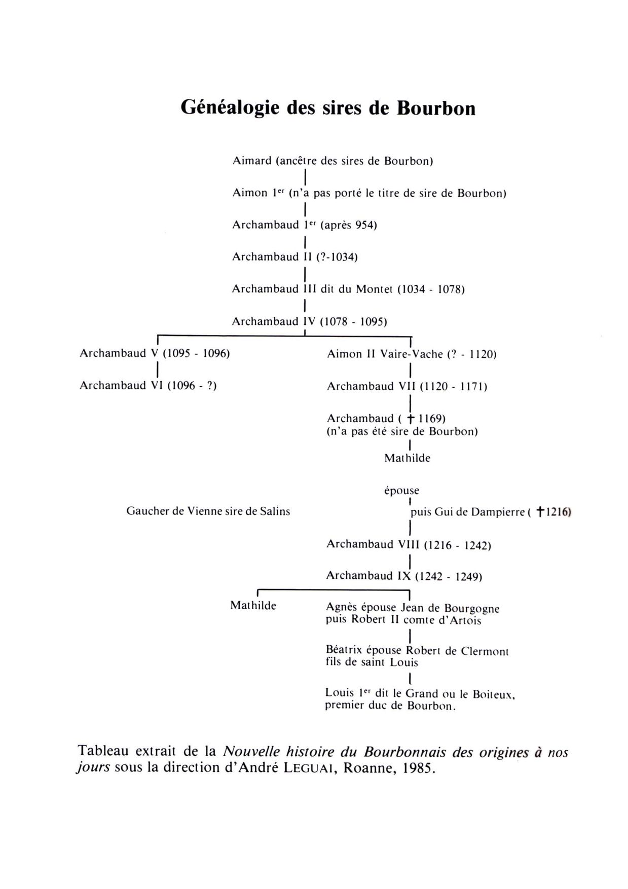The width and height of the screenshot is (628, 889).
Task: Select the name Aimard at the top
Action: [x=252, y=161]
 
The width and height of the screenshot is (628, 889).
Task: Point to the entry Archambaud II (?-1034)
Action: [x=294, y=257]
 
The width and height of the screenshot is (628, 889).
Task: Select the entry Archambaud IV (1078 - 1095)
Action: [x=309, y=321]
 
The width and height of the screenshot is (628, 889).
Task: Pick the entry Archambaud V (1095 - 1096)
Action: [x=155, y=353]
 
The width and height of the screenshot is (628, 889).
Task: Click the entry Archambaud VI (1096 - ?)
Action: [x=148, y=386]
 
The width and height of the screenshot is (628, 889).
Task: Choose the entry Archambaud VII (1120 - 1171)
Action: [x=407, y=386]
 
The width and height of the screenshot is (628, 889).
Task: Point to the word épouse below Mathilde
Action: [x=402, y=491]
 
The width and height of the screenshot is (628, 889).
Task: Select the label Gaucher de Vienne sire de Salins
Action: [x=208, y=511]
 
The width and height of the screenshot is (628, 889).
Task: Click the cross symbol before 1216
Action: [x=540, y=512]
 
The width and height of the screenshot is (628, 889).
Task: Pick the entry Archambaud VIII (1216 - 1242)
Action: [x=409, y=545]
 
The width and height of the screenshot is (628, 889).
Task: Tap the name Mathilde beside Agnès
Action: [x=253, y=606]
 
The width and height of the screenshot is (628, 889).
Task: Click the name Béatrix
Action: [x=343, y=650]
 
